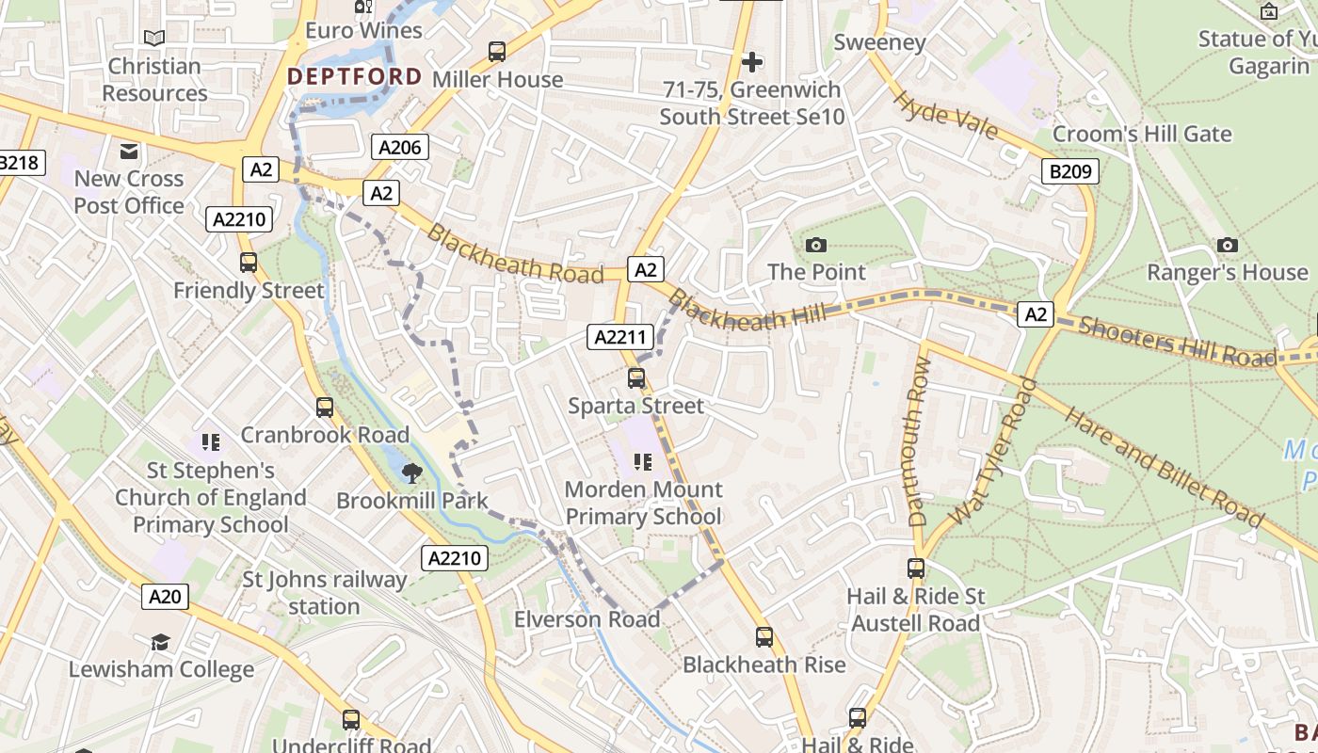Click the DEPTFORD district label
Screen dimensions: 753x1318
point(355,76)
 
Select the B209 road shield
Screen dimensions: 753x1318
point(1071,171)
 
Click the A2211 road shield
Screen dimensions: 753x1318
point(620,337)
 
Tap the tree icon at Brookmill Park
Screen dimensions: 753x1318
point(411,473)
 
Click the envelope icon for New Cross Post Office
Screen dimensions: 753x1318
point(129,151)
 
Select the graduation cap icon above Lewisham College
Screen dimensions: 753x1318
point(161,642)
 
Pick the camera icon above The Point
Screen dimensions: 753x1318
point(816,245)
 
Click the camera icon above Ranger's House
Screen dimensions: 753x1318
point(1228,245)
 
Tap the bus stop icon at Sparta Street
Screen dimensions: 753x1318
point(636,378)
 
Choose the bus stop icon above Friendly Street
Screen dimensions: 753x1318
point(249,263)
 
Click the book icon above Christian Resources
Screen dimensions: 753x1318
point(154,38)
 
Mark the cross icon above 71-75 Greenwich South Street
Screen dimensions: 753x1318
point(752,62)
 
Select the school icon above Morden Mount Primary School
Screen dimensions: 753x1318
point(643,461)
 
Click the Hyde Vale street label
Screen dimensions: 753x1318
point(944,115)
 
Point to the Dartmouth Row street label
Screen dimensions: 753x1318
point(919,441)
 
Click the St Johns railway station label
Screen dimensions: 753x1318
point(325,593)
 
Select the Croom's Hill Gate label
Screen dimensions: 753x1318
point(1141,134)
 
